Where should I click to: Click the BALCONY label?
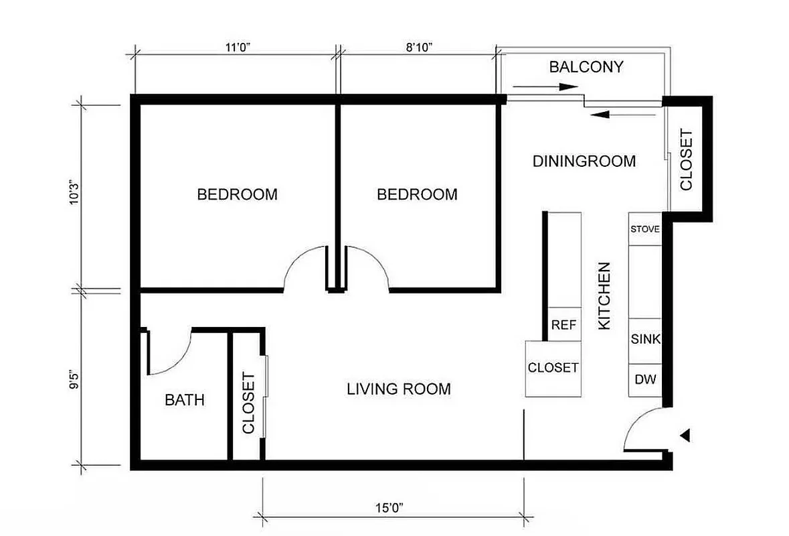[x=586, y=67]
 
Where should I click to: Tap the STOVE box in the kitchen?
[x=645, y=229]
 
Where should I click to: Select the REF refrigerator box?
[x=563, y=325]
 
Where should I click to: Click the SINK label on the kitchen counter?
[x=645, y=340]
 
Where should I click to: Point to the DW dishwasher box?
[x=645, y=379]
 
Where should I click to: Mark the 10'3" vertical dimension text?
[x=74, y=195]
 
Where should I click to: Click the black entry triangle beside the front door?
[x=684, y=436]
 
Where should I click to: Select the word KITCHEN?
[x=604, y=295]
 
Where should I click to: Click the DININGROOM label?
[x=584, y=161]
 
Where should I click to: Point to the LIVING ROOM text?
[x=398, y=389]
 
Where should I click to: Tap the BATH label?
[x=185, y=401]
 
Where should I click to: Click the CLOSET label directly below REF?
[x=553, y=368]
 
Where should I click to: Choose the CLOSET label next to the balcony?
[x=686, y=159]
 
